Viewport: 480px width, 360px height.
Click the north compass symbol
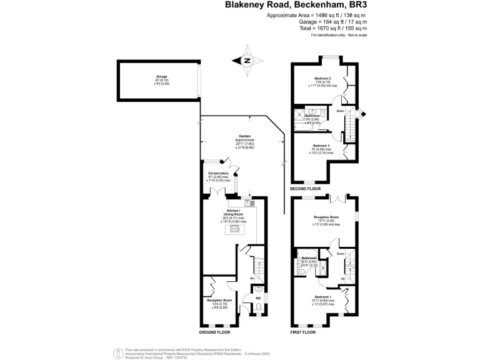(247, 61)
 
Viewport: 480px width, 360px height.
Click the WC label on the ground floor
(257, 297)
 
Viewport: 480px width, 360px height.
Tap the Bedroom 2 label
(322, 78)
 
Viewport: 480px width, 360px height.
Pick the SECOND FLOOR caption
(306, 188)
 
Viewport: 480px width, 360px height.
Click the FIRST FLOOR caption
(304, 332)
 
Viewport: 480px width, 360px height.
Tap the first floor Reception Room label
(326, 218)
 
